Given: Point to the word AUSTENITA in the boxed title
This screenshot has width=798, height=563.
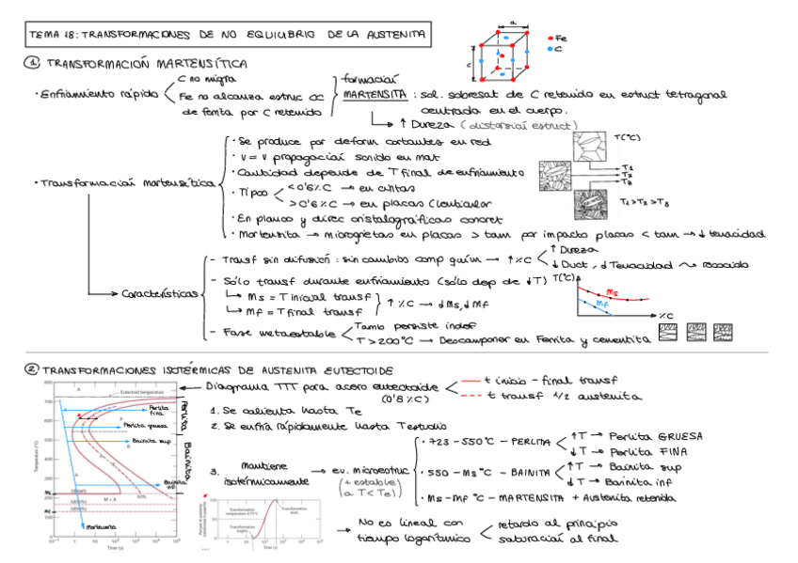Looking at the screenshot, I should click(394, 36).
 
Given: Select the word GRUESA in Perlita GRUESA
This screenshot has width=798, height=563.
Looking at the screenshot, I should click(687, 436).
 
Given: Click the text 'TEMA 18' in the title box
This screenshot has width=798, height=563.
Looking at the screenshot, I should click(53, 36).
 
